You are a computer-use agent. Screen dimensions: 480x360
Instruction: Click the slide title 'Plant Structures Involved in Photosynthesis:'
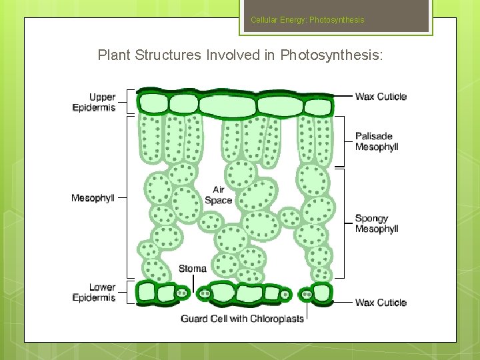[x=240, y=55]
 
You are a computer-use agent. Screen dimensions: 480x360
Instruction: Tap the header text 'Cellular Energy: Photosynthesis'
[x=307, y=20]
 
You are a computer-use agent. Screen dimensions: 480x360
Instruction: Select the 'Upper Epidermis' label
[x=94, y=102]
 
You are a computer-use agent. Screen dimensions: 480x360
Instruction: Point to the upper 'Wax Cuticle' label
[x=381, y=97]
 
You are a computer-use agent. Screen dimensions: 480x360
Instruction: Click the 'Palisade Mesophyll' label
[x=377, y=141]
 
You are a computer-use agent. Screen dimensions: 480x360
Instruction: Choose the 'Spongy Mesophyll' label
[x=377, y=223]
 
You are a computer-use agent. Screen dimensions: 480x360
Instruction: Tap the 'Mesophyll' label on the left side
[x=93, y=198]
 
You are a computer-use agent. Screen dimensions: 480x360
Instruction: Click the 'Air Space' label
[x=219, y=195]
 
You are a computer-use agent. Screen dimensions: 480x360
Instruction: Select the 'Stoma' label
[x=193, y=269]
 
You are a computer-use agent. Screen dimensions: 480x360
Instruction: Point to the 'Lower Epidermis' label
[x=94, y=293]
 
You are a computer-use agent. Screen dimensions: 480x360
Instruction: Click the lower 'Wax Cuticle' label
[x=381, y=303]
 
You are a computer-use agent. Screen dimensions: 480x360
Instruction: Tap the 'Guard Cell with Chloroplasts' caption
[x=242, y=319]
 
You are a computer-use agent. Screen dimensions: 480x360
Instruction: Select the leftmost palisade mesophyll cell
[x=151, y=138]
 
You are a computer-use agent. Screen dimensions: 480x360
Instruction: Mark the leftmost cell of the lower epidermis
[x=146, y=292]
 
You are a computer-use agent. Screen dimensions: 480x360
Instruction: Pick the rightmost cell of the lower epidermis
[x=322, y=292]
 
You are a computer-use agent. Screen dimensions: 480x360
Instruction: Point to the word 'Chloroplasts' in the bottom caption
[x=277, y=319]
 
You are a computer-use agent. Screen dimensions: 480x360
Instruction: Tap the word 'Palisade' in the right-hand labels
[x=374, y=136]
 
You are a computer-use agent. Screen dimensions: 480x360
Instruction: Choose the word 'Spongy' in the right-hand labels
[x=371, y=218]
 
